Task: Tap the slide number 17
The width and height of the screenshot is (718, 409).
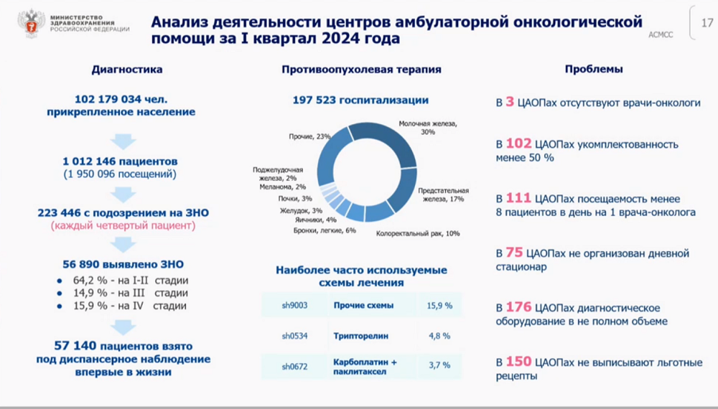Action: [705, 24]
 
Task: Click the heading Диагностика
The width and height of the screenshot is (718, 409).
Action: [126, 70]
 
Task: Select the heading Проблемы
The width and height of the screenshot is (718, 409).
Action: [593, 70]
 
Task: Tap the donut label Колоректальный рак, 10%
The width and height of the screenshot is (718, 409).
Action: [418, 233]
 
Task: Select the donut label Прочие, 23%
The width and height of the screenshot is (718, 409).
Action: [309, 136]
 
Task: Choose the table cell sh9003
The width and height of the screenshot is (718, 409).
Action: [294, 306]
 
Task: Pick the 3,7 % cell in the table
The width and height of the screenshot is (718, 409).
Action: [439, 365]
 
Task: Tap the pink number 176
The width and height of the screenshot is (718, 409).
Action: [518, 306]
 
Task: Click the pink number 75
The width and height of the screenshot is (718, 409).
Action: [514, 253]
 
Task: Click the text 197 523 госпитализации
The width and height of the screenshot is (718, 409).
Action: [360, 100]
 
